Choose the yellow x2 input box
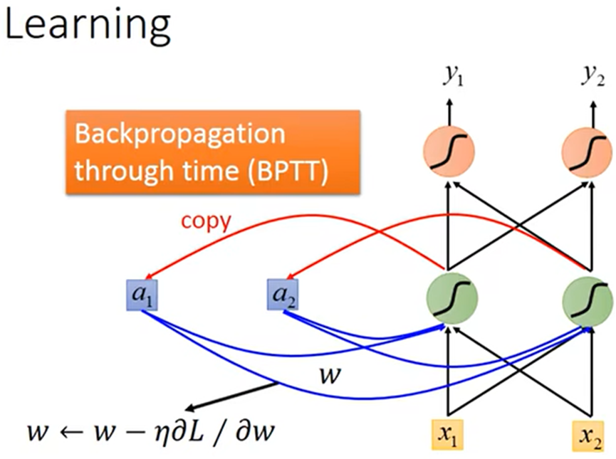(588, 436)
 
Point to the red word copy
(205, 221)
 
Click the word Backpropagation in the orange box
(179, 135)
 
